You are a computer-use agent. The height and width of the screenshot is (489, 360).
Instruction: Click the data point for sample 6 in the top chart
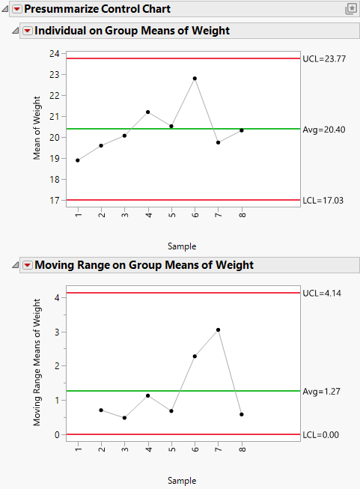(195, 78)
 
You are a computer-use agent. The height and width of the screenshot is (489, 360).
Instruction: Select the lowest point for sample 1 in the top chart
(77, 160)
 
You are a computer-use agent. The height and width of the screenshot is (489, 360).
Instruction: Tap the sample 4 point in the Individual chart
(148, 112)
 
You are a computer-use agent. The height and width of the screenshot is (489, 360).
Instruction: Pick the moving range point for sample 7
(218, 329)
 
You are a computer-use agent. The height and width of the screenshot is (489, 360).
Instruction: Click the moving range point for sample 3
(124, 418)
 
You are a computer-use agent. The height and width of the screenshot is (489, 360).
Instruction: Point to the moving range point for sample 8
(242, 414)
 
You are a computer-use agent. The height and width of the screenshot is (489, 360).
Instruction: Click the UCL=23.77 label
(323, 58)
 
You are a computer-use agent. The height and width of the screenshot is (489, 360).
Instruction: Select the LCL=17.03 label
(323, 200)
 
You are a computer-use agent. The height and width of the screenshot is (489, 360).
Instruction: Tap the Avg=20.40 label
(323, 129)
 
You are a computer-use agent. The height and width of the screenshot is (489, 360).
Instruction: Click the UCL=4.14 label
(320, 293)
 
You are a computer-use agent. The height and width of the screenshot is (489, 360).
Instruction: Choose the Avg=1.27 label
(320, 391)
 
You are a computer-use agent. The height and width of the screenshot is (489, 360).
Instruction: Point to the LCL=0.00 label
(320, 434)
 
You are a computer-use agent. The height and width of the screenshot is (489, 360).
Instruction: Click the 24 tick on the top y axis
(55, 54)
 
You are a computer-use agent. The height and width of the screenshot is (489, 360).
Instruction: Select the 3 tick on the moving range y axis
(57, 332)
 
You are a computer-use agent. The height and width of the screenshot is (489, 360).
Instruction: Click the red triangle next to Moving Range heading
(28, 265)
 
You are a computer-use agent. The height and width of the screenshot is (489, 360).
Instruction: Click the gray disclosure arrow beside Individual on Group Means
(16, 31)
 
